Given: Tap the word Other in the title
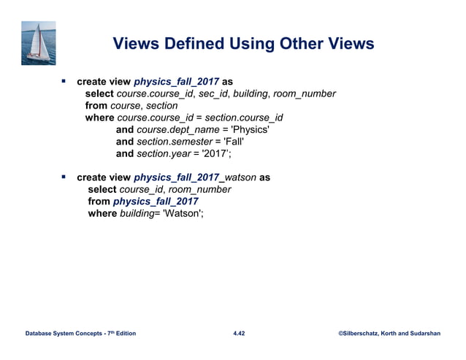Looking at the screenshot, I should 299,45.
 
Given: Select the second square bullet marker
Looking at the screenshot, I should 64,176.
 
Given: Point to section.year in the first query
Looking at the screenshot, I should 158,153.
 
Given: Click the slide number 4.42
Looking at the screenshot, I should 239,334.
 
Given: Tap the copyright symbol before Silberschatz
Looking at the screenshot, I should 342,334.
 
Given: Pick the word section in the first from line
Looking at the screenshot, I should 161,105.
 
